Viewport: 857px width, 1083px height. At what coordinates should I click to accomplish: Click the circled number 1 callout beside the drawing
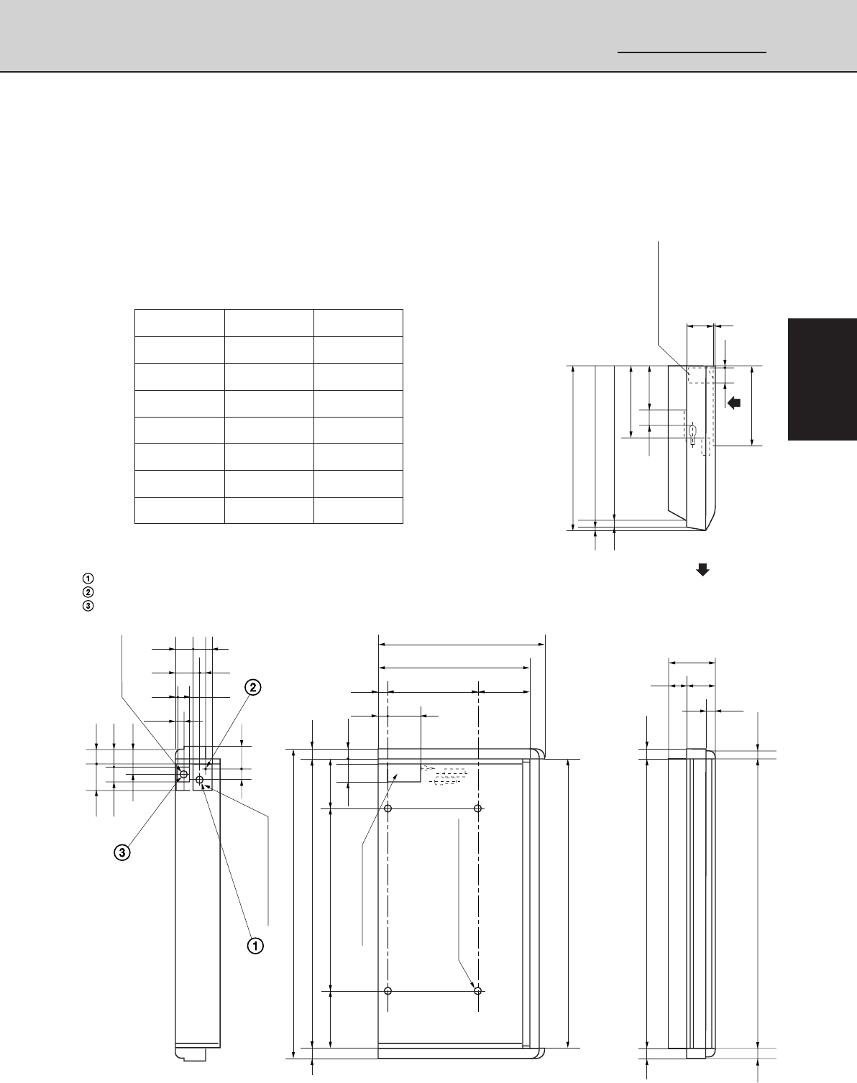255,945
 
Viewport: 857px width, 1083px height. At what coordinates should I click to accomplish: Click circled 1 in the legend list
88,578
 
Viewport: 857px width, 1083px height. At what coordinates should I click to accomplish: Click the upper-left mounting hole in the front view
388,809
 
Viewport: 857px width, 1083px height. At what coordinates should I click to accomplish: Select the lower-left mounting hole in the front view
388,991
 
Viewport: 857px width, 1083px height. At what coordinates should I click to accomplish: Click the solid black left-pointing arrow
734,402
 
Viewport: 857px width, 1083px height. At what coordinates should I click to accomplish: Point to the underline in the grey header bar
692,52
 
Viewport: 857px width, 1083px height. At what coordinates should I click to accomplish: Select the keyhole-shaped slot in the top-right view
692,433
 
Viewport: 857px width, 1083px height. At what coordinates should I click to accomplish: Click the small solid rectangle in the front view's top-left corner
404,773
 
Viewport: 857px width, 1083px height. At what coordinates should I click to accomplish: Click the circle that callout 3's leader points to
183,775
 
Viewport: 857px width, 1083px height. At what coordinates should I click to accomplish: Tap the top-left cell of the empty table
180,323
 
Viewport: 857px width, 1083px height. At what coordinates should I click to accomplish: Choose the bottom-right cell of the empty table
358,510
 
